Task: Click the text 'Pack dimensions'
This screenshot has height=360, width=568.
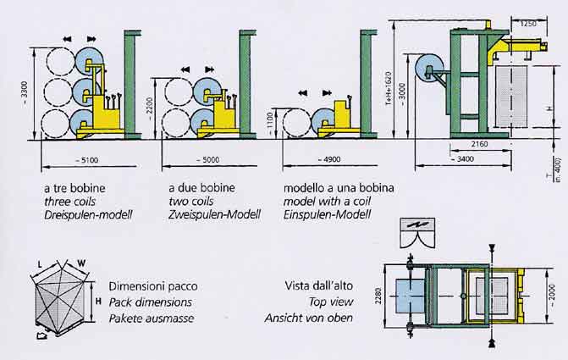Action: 151,302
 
